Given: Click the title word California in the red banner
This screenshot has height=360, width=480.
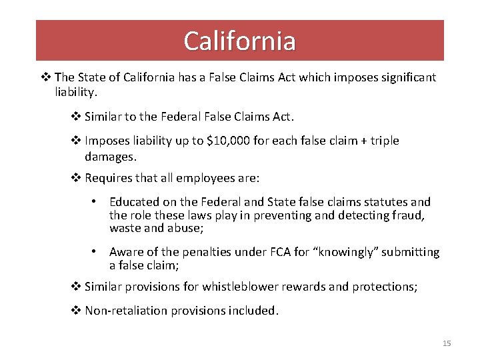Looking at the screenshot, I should pyautogui.click(x=240, y=41).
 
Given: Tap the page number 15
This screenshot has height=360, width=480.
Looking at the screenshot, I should pyautogui.click(x=447, y=343).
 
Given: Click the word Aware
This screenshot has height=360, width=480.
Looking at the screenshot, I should pyautogui.click(x=126, y=252).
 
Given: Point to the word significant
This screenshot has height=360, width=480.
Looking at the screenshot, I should pyautogui.click(x=404, y=77).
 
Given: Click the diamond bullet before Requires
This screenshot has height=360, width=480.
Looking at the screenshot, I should pyautogui.click(x=76, y=178).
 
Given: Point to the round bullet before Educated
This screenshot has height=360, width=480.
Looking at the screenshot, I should pyautogui.click(x=96, y=201).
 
